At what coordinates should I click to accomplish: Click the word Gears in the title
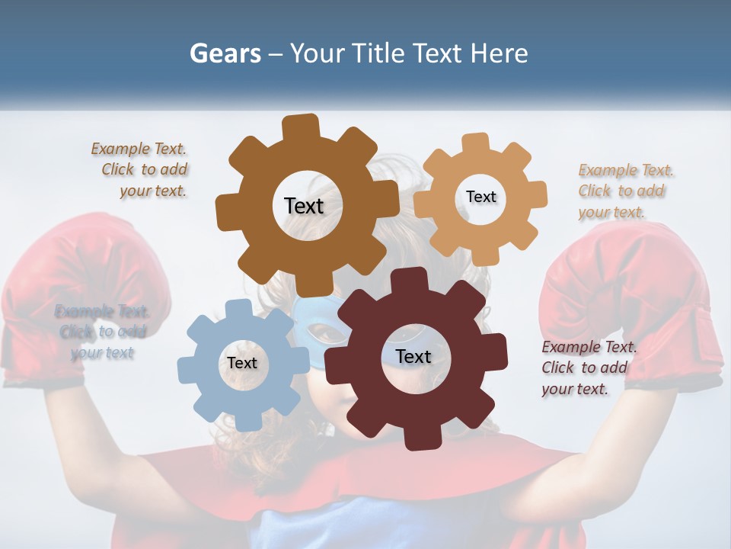[x=225, y=53]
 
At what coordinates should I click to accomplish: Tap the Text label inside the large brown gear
[x=304, y=206]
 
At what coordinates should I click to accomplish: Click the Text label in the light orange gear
[x=480, y=197]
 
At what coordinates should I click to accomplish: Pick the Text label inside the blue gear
[x=241, y=363]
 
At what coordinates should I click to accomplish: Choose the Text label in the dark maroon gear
[x=413, y=357]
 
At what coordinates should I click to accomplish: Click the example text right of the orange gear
[x=624, y=191]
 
